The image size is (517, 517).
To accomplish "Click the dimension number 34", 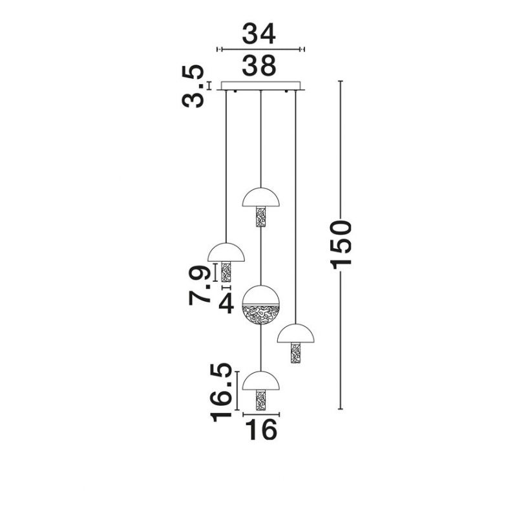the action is point(259,34).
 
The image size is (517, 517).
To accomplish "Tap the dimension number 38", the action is point(259,65).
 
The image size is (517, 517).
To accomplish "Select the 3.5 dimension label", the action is point(193,87).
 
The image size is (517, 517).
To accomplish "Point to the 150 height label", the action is point(341,246).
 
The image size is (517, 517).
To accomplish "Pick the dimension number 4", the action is point(226,303).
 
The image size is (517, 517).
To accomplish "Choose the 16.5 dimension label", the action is point(222,392).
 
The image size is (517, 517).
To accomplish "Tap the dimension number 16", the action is point(262,429).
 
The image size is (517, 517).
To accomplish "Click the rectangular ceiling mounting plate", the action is point(261,86).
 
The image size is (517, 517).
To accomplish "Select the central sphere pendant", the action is point(261,305).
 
